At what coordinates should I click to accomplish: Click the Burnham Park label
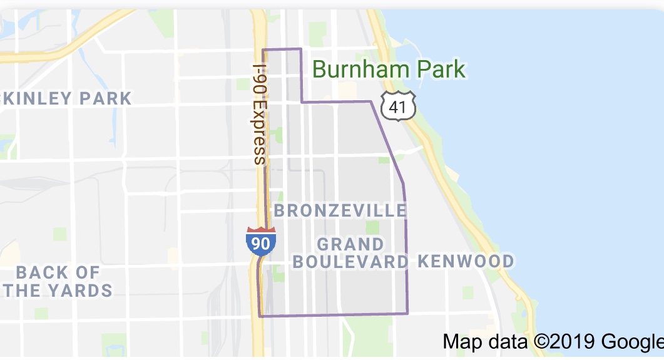point(389,69)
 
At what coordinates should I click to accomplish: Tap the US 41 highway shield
point(401,107)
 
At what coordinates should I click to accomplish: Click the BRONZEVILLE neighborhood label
point(340,210)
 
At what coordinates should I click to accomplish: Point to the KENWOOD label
point(466,261)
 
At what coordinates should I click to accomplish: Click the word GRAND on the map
point(350,244)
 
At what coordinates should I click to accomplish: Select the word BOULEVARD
point(350,262)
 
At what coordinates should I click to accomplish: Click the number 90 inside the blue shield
point(261,244)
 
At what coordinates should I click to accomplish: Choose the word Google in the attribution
point(632,342)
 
